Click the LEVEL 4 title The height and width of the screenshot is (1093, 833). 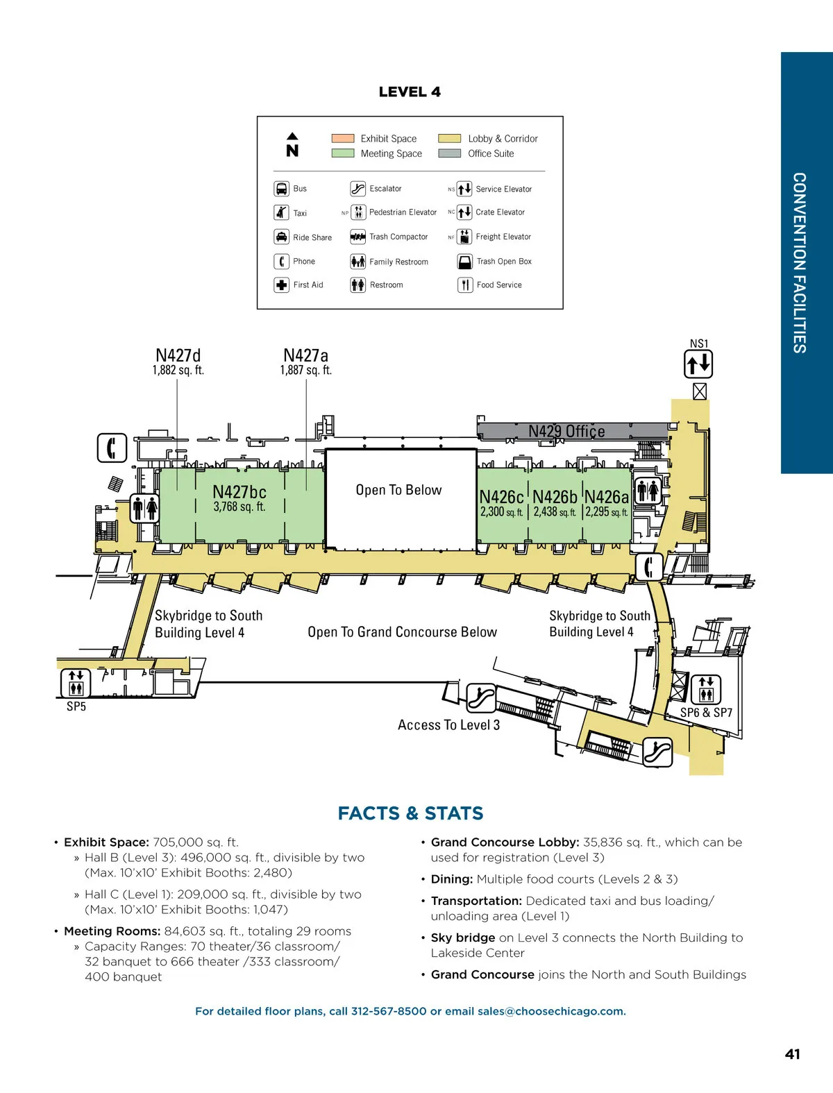[410, 92]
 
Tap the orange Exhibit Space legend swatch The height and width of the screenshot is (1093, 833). [343, 138]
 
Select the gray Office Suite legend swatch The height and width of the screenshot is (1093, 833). [449, 153]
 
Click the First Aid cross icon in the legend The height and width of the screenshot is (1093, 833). [281, 285]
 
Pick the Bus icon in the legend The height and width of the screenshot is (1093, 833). [281, 189]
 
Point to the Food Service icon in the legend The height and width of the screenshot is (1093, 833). [465, 285]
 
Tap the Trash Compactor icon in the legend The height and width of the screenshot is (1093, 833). [357, 237]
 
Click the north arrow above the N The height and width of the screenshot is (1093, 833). [292, 136]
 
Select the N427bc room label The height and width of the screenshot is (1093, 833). [239, 492]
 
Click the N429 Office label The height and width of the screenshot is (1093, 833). [566, 431]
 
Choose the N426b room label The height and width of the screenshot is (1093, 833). [555, 497]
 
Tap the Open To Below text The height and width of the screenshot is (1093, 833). [398, 490]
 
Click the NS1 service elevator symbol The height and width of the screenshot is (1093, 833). [698, 364]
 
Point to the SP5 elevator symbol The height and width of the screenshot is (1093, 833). [76, 682]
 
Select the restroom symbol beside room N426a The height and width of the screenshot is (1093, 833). [648, 491]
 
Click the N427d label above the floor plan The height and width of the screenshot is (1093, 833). [178, 355]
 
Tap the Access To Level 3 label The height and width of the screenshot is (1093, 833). [448, 725]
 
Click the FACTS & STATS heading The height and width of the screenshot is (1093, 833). [410, 813]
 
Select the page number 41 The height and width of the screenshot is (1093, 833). [792, 1054]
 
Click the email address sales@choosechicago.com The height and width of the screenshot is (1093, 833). [551, 1011]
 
